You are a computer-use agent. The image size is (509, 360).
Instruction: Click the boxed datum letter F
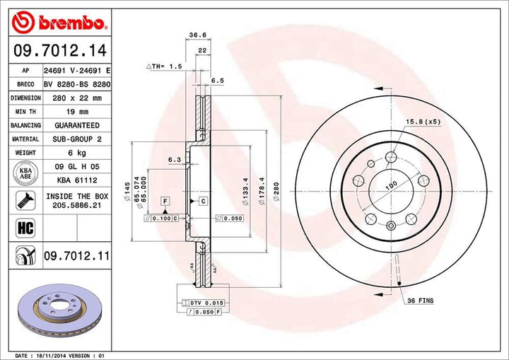pyautogui.click(x=165, y=202)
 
